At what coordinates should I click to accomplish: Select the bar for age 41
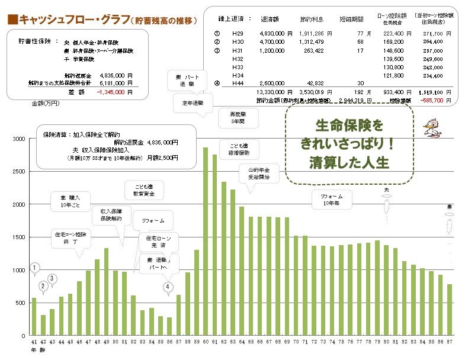pyautogui.click(x=34, y=317)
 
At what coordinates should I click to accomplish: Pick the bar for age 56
pyautogui.click(x=169, y=326)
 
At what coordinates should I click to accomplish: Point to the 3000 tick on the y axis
pyautogui.click(x=20, y=139)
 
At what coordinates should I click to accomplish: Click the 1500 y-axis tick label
pyautogui.click(x=20, y=237)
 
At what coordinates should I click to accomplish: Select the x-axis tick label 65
pyautogui.click(x=251, y=342)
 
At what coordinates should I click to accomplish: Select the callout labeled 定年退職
pyautogui.click(x=188, y=103)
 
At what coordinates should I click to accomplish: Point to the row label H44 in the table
pyautogui.click(x=238, y=83)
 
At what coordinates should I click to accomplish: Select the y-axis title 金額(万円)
pyautogui.click(x=45, y=103)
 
